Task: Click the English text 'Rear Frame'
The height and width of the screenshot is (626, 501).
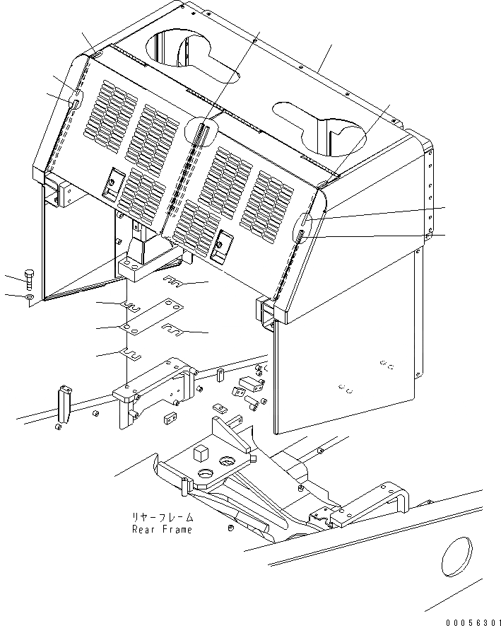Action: point(161,529)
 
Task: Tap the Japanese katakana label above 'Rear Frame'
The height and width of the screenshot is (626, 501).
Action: point(161,517)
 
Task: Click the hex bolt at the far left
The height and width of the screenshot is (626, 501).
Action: point(28,277)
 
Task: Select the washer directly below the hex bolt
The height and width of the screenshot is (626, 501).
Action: point(27,298)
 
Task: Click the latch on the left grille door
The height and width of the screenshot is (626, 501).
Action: point(112,183)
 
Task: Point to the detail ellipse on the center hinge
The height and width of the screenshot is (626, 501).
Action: point(199,131)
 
